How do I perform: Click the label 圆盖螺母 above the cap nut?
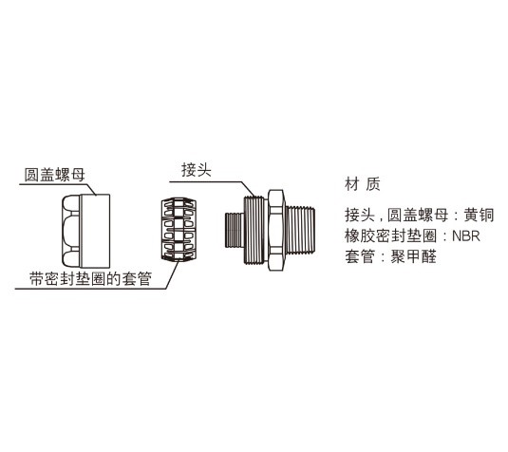tap(55, 175)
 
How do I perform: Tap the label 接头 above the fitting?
tap(197, 169)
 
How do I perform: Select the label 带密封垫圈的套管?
tap(91, 278)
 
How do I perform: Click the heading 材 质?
tap(362, 183)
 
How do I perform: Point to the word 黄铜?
tap(479, 215)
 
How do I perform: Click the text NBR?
tap(466, 235)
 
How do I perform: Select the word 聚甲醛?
tap(413, 256)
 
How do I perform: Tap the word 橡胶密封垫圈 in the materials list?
tap(390, 235)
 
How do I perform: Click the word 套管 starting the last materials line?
tap(360, 256)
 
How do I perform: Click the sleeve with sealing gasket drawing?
tap(179, 230)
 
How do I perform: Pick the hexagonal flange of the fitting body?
tap(276, 230)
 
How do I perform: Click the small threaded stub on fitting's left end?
tap(234, 230)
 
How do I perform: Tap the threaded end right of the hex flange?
tap(300, 230)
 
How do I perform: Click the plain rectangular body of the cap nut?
tap(95, 231)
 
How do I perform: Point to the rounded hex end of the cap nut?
tap(71, 231)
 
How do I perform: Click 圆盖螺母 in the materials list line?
tap(418, 215)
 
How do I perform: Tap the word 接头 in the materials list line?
tap(360, 215)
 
